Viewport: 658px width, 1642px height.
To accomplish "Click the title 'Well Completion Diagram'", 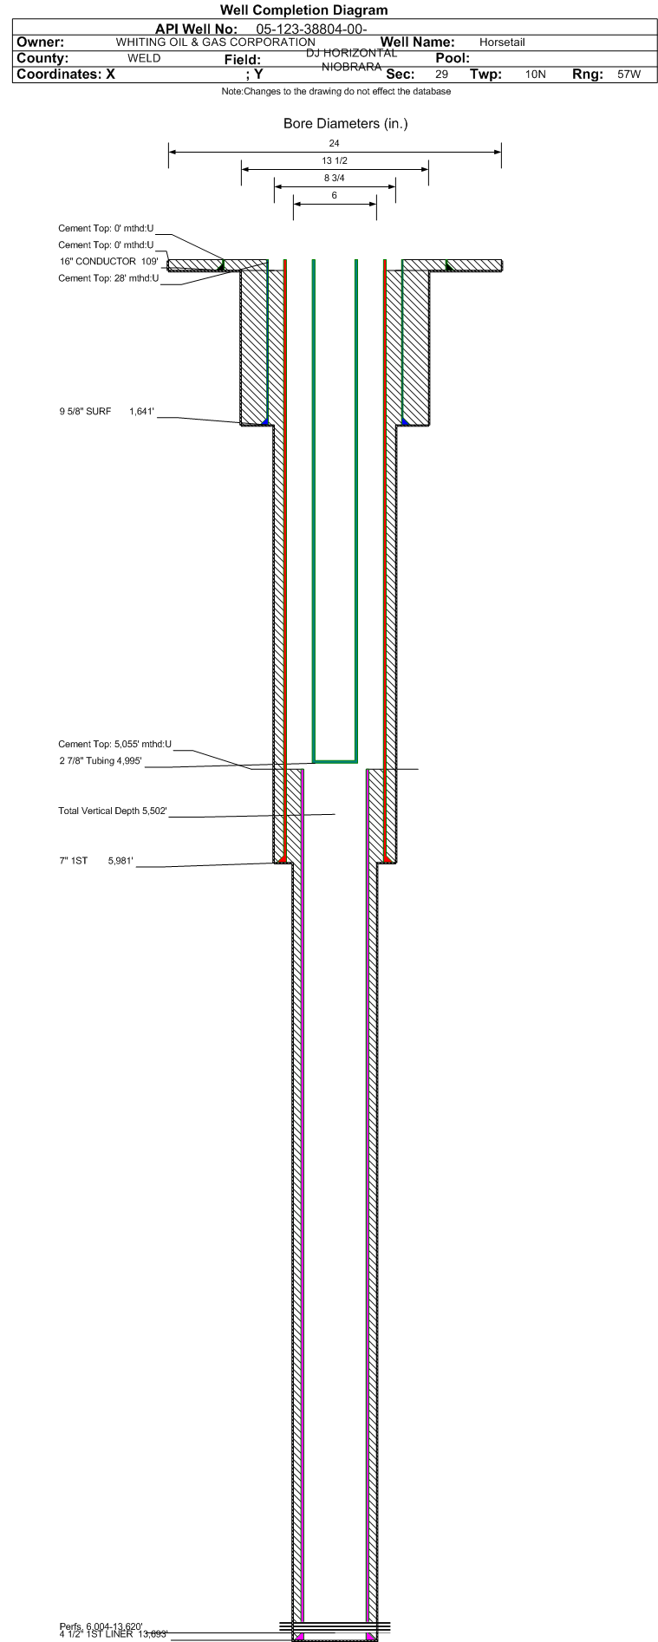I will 303,10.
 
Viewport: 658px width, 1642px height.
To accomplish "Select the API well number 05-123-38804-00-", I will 311,29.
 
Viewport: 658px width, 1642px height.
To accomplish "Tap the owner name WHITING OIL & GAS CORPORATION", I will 215,42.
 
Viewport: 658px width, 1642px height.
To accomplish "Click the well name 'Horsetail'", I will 502,42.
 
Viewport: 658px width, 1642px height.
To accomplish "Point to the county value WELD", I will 144,58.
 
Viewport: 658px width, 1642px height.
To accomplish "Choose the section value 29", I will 441,75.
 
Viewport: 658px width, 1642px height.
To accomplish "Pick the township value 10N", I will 536,75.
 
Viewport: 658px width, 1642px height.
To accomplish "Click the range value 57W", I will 629,75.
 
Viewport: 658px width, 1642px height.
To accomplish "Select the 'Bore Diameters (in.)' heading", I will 345,124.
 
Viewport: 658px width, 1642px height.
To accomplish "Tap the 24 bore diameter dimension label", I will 335,143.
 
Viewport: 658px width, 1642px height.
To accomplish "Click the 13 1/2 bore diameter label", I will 335,161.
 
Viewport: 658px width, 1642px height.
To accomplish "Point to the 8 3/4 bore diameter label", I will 335,179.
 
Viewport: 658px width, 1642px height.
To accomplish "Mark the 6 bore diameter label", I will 335,196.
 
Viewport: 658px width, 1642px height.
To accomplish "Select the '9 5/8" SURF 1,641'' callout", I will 107,412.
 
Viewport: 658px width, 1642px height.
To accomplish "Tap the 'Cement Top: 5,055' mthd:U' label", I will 114,744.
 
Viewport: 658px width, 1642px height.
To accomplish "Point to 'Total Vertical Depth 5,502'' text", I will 112,811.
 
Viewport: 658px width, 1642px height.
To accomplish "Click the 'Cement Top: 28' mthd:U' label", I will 108,278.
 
